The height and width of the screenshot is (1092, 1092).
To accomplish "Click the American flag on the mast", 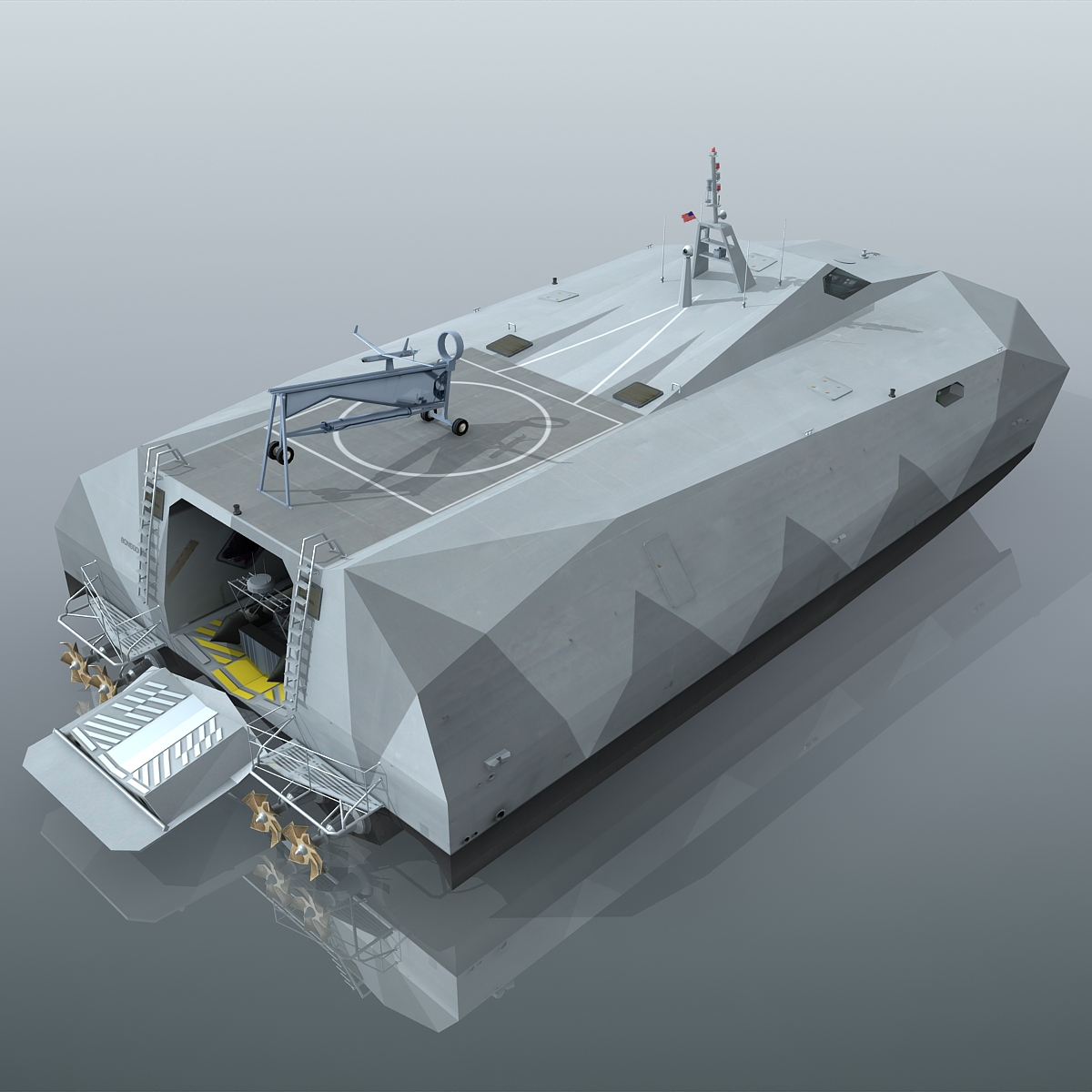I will (x=688, y=216).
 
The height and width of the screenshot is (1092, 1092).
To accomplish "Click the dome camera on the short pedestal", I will (x=684, y=251).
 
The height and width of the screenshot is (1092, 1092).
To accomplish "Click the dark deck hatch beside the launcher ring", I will (x=511, y=345).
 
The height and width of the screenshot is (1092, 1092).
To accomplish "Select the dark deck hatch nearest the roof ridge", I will (x=636, y=392).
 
